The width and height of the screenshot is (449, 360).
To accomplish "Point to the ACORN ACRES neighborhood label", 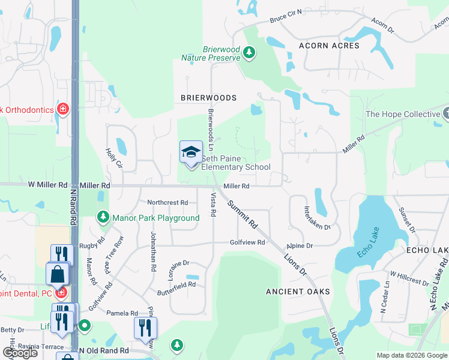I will click(330, 46).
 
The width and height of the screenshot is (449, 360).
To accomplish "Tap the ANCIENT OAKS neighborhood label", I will click(298, 292).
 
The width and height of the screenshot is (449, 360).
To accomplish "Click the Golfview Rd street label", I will click(247, 242).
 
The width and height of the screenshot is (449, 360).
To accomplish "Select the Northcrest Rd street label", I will click(167, 203).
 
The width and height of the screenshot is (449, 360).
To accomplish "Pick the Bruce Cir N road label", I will click(286, 16).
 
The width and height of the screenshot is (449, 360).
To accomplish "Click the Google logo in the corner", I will click(20, 353).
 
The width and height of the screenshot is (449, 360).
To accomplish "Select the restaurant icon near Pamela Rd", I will click(145, 328).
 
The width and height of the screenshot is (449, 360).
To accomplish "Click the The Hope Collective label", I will click(403, 114).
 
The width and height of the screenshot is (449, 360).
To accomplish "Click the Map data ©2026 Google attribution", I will click(412, 355).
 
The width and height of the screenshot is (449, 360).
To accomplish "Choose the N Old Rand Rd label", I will click(104, 350).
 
